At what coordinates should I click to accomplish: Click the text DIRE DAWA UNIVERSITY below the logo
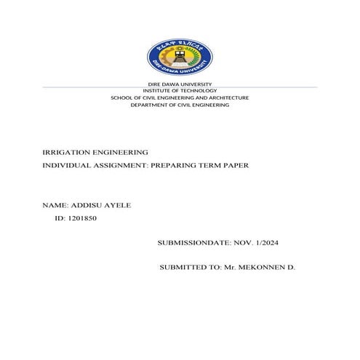click(180, 85)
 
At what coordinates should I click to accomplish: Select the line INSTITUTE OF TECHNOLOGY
click(180, 91)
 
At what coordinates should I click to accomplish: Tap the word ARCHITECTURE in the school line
click(223, 97)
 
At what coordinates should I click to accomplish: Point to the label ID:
click(60, 218)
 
